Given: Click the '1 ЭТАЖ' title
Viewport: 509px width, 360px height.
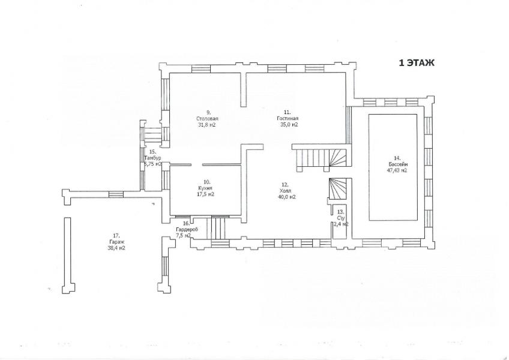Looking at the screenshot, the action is click(x=417, y=63).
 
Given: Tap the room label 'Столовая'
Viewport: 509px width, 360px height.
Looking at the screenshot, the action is click(x=207, y=118).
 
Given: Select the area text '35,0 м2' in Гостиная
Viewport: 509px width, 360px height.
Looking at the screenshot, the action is click(x=289, y=125).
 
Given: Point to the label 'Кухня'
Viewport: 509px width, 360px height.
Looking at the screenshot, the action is click(x=205, y=188).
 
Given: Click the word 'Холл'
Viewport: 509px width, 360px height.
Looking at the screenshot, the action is click(x=288, y=191).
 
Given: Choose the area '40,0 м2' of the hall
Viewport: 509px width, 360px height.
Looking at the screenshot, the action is click(x=287, y=197).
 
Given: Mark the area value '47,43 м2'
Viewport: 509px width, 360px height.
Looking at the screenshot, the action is click(x=397, y=170).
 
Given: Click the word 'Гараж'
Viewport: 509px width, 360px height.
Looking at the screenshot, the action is click(x=117, y=242).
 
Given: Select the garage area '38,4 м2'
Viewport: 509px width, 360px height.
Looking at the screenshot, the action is click(x=116, y=248).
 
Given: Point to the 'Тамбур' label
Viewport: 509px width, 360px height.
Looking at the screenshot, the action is click(x=152, y=158).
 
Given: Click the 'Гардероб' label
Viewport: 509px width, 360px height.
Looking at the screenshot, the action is click(x=186, y=230).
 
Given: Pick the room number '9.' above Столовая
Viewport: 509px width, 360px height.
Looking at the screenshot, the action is click(x=208, y=112).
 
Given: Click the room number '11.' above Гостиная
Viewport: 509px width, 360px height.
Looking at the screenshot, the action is click(x=288, y=112).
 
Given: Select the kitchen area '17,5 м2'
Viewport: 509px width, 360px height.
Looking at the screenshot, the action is click(x=205, y=194).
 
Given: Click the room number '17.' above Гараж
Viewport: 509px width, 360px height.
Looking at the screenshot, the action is click(x=116, y=236).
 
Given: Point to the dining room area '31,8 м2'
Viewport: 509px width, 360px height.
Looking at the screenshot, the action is click(x=207, y=125).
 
